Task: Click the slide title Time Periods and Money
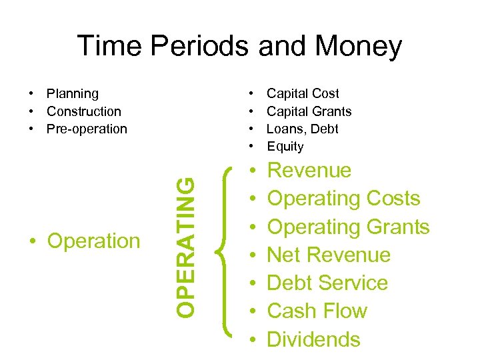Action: [239, 46]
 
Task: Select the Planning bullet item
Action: [72, 94]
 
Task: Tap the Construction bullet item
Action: [84, 111]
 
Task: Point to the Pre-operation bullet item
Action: [87, 129]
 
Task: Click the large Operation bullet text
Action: [93, 241]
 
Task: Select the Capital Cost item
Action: [303, 94]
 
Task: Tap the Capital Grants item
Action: [309, 111]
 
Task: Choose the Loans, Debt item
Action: [303, 129]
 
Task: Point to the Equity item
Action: [285, 147]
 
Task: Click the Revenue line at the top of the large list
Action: [309, 171]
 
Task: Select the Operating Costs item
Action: [343, 199]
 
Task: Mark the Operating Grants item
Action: [348, 227]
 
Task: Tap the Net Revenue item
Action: [329, 255]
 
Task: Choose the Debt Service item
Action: [327, 283]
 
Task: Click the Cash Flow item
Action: [317, 311]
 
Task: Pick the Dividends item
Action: [313, 339]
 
